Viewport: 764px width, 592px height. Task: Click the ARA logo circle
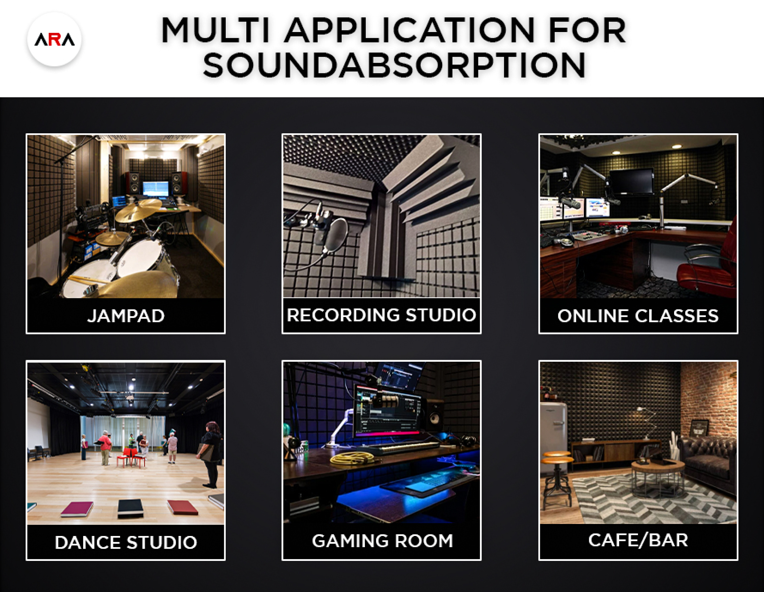54,39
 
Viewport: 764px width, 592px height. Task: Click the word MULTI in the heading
216,30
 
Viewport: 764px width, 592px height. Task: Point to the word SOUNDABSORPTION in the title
394,65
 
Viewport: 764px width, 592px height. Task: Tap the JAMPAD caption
126,316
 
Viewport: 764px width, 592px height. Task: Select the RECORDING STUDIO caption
381,315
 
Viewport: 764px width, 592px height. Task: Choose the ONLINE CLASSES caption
638,316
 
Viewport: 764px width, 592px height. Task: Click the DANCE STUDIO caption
126,542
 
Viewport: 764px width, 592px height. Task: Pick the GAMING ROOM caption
382,541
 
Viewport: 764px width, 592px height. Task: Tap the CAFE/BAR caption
638,540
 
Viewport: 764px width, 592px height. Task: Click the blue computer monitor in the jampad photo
156,189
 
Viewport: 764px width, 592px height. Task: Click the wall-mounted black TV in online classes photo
631,182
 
